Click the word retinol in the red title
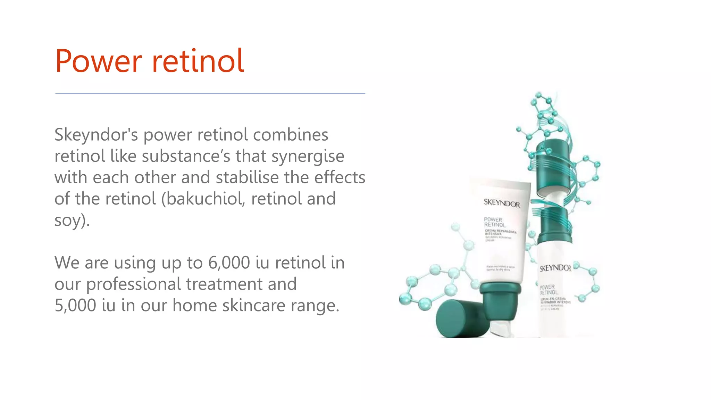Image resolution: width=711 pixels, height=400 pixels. coord(198,61)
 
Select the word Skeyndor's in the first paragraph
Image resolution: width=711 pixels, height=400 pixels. coord(96,135)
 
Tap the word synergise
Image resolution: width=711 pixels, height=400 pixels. coord(308,157)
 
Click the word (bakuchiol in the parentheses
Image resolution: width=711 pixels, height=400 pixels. coord(203,199)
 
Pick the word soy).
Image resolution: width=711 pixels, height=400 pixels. coord(72,220)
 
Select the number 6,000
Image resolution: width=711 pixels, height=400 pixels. coord(229,263)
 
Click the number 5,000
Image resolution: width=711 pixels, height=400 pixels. coord(75,306)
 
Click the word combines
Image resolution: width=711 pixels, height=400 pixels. coord(290,135)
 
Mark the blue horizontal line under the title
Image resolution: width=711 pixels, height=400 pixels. coord(210,93)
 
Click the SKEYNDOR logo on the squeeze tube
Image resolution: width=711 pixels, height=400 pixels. coord(502,203)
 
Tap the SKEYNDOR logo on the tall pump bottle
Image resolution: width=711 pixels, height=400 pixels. coord(555,268)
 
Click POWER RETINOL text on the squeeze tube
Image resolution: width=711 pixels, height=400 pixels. coord(494,222)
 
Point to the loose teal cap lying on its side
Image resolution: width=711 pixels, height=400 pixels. coord(460,319)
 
